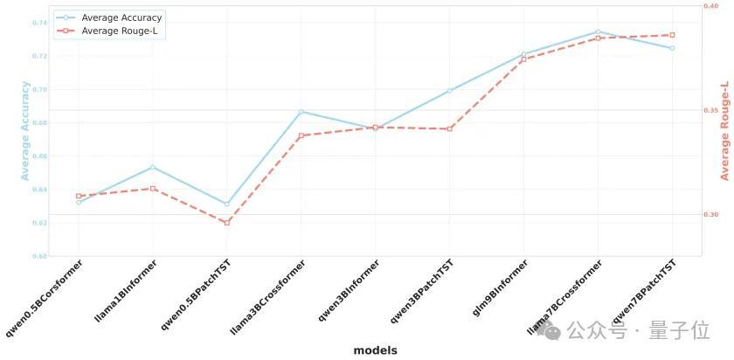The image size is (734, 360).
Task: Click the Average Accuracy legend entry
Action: tap(121, 17)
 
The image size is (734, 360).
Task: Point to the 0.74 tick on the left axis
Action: tap(40, 22)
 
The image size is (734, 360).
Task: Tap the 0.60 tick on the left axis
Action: tap(40, 256)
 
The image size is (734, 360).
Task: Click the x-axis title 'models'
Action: tap(375, 350)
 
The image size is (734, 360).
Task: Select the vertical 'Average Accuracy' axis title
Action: tap(25, 130)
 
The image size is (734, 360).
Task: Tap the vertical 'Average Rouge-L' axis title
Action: tap(724, 130)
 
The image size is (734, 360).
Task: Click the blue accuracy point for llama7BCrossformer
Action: tap(598, 31)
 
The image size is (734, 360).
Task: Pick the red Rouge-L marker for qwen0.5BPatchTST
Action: tap(227, 223)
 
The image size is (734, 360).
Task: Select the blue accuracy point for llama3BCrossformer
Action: tap(301, 111)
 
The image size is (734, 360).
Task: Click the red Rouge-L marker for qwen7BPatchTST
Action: tap(672, 35)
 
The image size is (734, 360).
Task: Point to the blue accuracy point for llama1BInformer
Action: tap(153, 167)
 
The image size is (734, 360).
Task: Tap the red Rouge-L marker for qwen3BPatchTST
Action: tap(449, 128)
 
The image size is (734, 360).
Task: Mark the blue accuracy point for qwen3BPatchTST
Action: tap(449, 91)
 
